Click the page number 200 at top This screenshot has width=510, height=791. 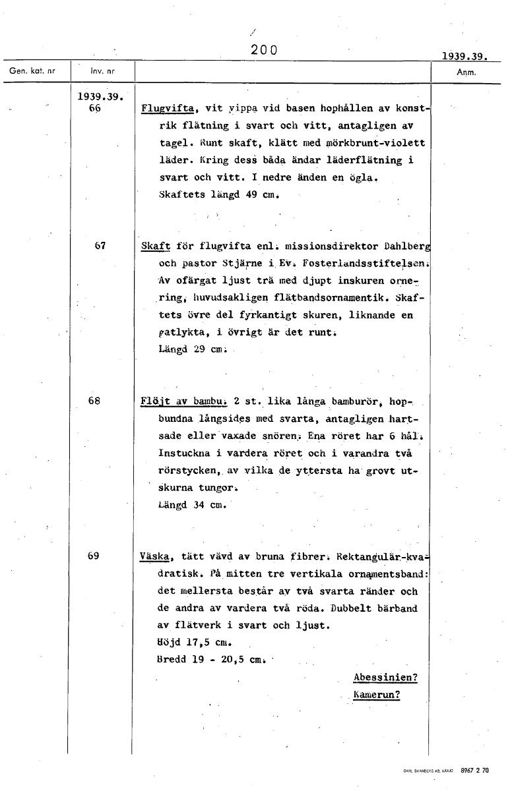[264, 49]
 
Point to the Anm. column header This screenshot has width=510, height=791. [466, 72]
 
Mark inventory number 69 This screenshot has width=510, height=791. [94, 555]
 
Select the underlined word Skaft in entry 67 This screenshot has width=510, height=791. [156, 247]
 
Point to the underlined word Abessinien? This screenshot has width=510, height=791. [385, 678]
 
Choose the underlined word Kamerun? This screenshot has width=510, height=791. [377, 695]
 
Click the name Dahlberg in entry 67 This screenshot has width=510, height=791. [407, 247]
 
